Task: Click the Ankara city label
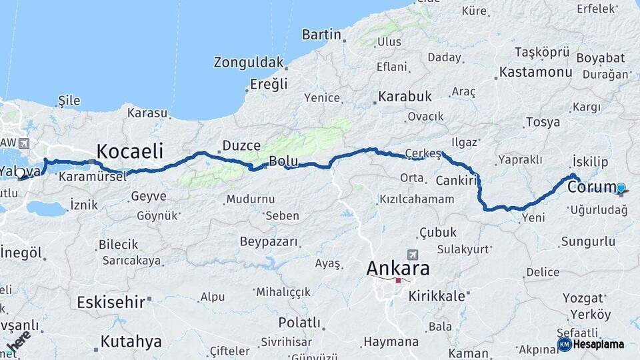click(398, 269)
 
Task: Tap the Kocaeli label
click(130, 151)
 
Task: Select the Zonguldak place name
click(249, 63)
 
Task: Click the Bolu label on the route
click(283, 161)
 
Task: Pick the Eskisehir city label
click(111, 302)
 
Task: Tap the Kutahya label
click(131, 342)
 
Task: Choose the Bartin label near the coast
click(321, 35)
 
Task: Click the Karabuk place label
click(405, 97)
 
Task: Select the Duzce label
click(241, 145)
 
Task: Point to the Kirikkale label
click(437, 295)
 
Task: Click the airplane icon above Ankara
click(413, 254)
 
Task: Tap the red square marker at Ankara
click(399, 281)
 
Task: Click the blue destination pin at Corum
click(621, 188)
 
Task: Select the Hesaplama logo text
click(601, 344)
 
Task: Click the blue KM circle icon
click(564, 344)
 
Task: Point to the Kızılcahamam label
click(417, 199)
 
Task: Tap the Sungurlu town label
click(587, 241)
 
